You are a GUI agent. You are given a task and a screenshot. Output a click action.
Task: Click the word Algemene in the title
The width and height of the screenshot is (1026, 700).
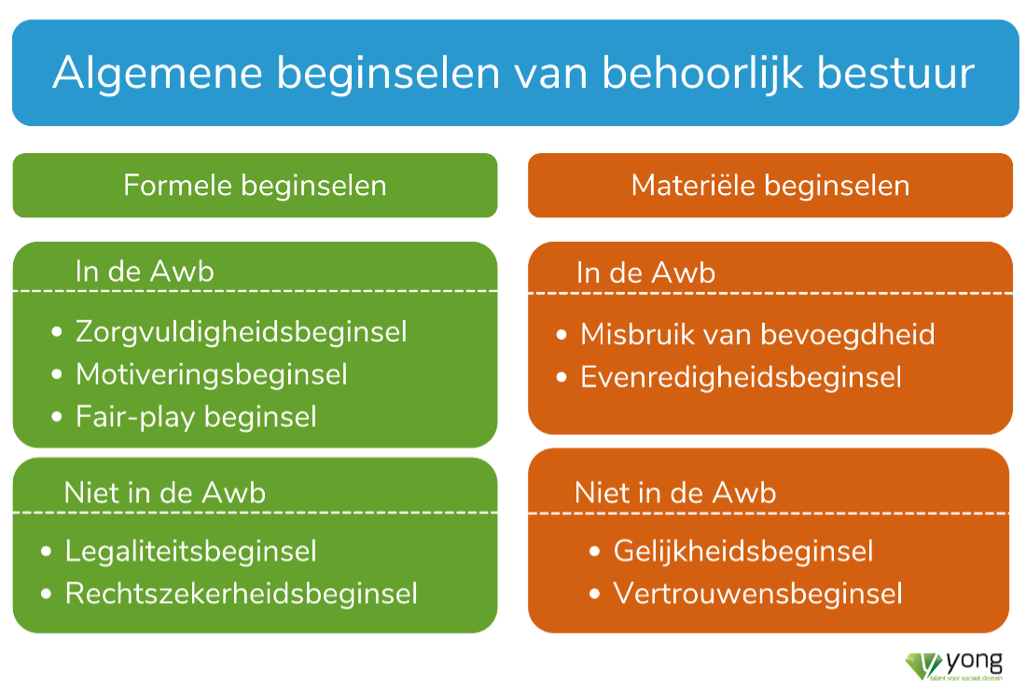(x=158, y=73)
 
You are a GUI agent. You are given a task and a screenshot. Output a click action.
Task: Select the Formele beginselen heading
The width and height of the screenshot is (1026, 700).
(x=255, y=186)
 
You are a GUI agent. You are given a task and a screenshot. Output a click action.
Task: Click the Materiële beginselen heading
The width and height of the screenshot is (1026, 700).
(x=770, y=186)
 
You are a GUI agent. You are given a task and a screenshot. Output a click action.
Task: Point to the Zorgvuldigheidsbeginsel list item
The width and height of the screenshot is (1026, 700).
(x=241, y=332)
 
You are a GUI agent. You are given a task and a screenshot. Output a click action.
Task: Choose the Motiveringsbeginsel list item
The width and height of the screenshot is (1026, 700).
(x=212, y=374)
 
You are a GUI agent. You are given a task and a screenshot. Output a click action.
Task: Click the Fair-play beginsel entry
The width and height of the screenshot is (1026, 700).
(x=196, y=417)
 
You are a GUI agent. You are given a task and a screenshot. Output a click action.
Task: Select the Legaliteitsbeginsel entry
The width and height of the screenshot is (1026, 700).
(x=190, y=552)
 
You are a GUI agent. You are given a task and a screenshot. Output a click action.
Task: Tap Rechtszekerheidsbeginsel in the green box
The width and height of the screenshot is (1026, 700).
(x=241, y=594)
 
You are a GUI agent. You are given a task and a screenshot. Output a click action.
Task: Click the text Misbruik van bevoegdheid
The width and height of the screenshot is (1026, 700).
(x=757, y=335)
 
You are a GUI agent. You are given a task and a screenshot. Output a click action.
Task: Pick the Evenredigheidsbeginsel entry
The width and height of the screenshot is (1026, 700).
(x=741, y=378)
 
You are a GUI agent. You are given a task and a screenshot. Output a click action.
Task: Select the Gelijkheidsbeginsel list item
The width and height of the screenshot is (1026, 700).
(x=743, y=552)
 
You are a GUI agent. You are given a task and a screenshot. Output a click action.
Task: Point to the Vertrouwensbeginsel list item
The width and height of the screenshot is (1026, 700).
(x=757, y=594)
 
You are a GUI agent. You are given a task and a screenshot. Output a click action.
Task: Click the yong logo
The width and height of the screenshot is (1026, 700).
(x=954, y=666)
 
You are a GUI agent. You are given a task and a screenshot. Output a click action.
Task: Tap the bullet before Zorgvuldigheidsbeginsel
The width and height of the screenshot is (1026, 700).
(x=57, y=332)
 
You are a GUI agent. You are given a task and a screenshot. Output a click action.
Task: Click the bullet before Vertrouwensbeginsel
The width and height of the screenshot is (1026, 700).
(x=595, y=595)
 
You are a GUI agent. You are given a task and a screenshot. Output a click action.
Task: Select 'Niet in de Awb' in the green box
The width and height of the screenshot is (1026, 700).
(x=165, y=493)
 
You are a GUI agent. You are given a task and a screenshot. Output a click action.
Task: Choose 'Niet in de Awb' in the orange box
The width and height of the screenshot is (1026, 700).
(x=675, y=493)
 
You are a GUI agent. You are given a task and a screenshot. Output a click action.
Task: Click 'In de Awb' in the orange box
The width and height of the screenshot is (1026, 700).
(x=645, y=273)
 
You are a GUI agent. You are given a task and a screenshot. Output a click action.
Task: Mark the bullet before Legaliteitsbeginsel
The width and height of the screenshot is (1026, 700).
(x=46, y=552)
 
